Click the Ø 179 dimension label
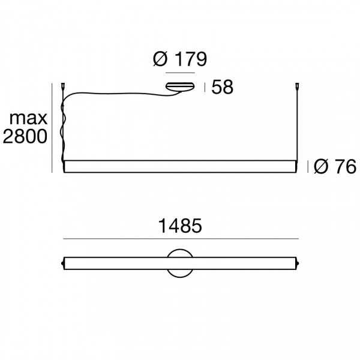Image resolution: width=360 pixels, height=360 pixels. point(180,59)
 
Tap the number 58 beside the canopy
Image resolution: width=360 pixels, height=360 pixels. point(222,87)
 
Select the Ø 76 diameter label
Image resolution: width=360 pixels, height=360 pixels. point(335,166)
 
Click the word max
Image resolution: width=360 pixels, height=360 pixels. point(28,119)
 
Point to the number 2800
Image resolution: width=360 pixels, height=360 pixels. point(25,136)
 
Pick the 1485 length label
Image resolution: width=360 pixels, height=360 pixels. point(180,226)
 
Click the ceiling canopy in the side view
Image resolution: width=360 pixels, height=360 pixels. point(180,86)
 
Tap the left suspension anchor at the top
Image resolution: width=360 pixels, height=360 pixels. point(62,86)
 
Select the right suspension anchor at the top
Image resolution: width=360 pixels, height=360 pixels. point(298,86)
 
